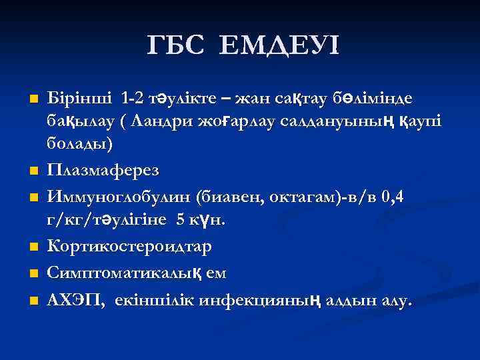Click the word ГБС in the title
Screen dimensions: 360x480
(x=176, y=46)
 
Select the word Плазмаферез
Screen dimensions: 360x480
(x=103, y=171)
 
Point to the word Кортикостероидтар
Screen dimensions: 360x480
(x=129, y=246)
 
